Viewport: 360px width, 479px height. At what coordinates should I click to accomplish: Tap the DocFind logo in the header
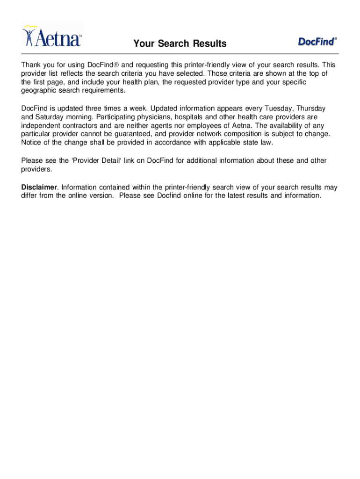click(317, 42)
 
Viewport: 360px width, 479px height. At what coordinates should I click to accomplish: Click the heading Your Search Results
click(180, 44)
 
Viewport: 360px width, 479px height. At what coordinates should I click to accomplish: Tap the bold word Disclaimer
click(39, 187)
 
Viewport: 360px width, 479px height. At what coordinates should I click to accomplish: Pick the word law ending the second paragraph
click(265, 142)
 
